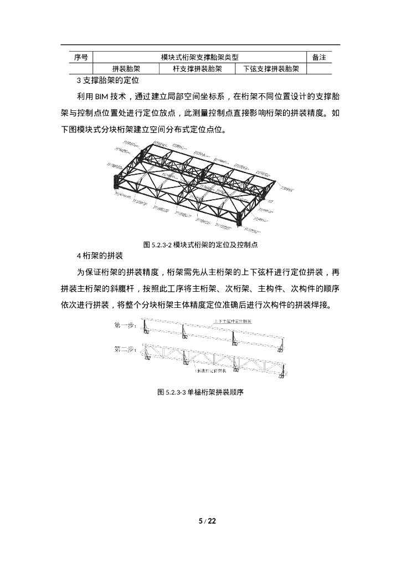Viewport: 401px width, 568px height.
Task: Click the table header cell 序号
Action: click(x=81, y=58)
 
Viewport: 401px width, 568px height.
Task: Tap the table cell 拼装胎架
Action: click(x=126, y=69)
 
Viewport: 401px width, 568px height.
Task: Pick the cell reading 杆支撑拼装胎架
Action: click(x=198, y=69)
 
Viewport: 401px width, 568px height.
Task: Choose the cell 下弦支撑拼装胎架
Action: click(x=271, y=69)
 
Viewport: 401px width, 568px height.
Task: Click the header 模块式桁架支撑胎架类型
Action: click(x=200, y=58)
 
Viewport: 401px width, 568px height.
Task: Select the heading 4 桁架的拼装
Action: click(x=100, y=256)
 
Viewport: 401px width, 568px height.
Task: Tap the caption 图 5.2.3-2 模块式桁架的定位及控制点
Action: click(x=201, y=244)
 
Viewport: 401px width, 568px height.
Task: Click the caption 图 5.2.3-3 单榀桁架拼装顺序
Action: click(x=201, y=392)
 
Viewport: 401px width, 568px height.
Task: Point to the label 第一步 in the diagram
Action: click(x=124, y=326)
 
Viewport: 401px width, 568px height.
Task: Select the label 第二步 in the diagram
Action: click(x=124, y=350)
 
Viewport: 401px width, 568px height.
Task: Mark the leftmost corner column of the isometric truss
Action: click(x=116, y=184)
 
